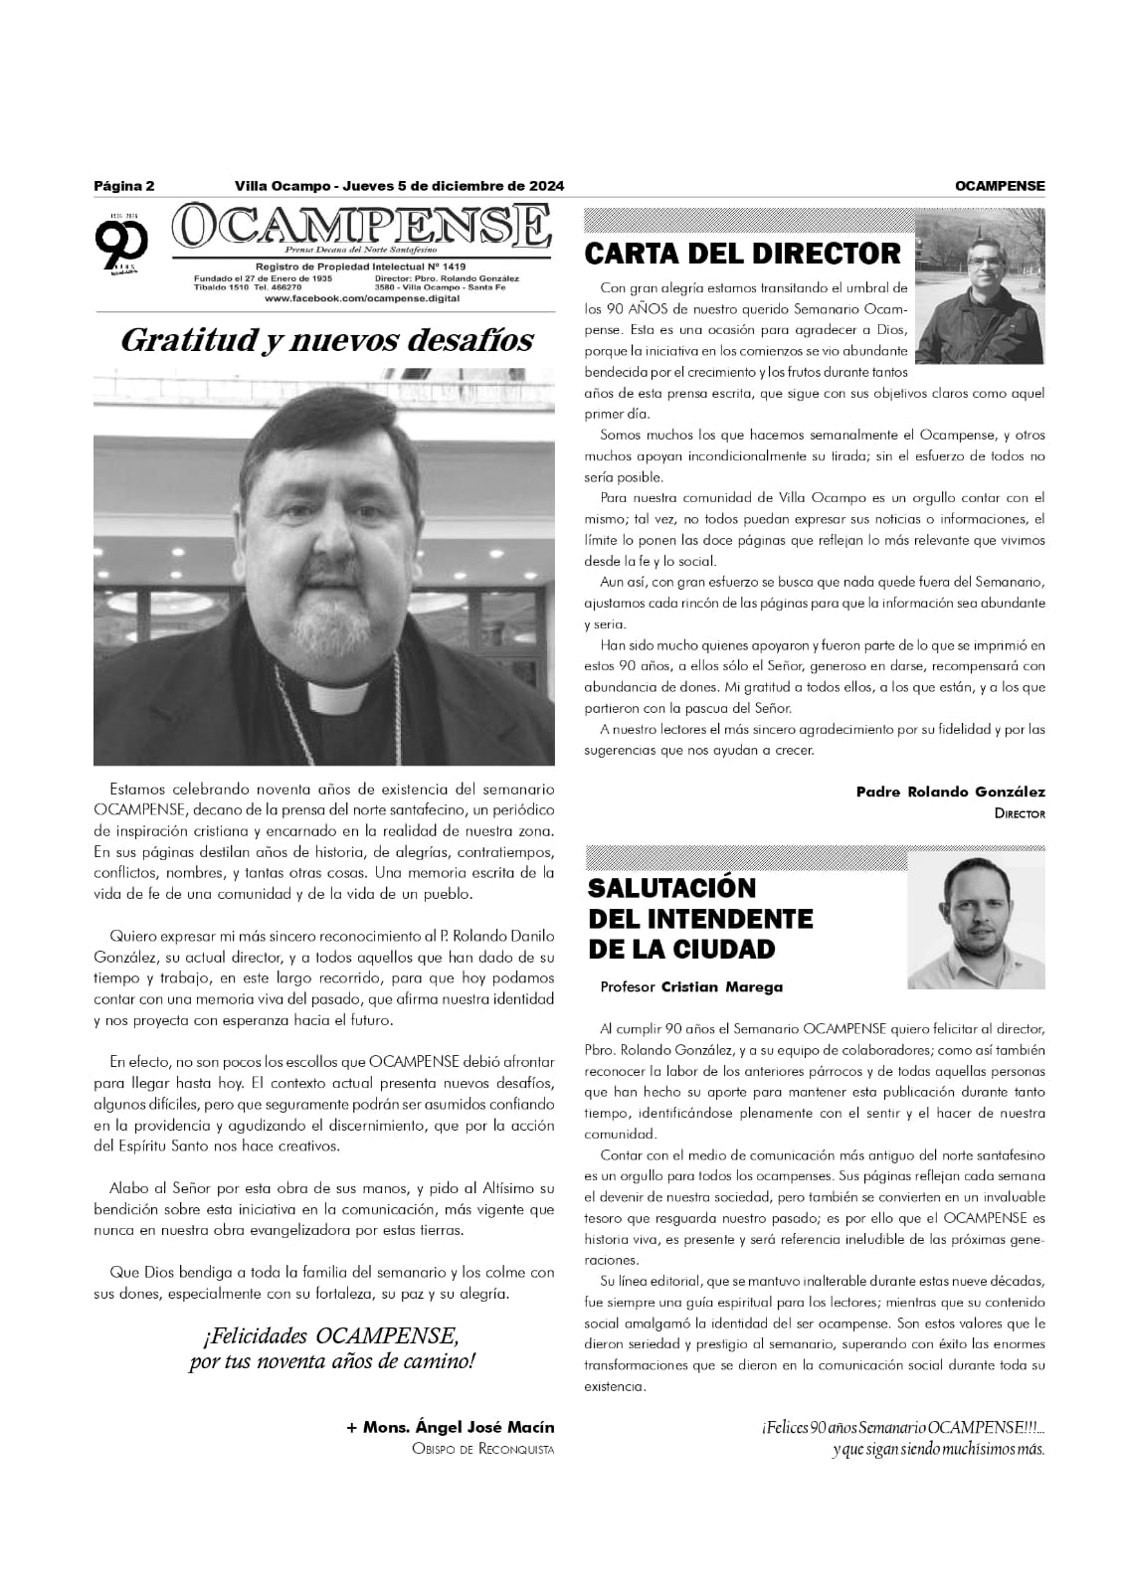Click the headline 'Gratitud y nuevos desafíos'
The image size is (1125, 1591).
325,340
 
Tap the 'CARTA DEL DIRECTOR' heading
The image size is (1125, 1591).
742,254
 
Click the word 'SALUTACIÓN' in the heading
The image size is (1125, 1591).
671,887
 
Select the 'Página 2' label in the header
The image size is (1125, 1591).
124,186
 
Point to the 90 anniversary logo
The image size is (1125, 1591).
122,243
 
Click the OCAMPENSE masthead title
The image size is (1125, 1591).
360,228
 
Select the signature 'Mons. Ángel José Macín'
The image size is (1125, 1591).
450,1427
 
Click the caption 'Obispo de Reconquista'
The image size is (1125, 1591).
482,1449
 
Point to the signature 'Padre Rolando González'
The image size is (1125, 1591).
950,793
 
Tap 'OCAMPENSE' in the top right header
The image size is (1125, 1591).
999,186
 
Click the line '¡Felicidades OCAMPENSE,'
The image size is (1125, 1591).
331,1334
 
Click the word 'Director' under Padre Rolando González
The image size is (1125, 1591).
1020,813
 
